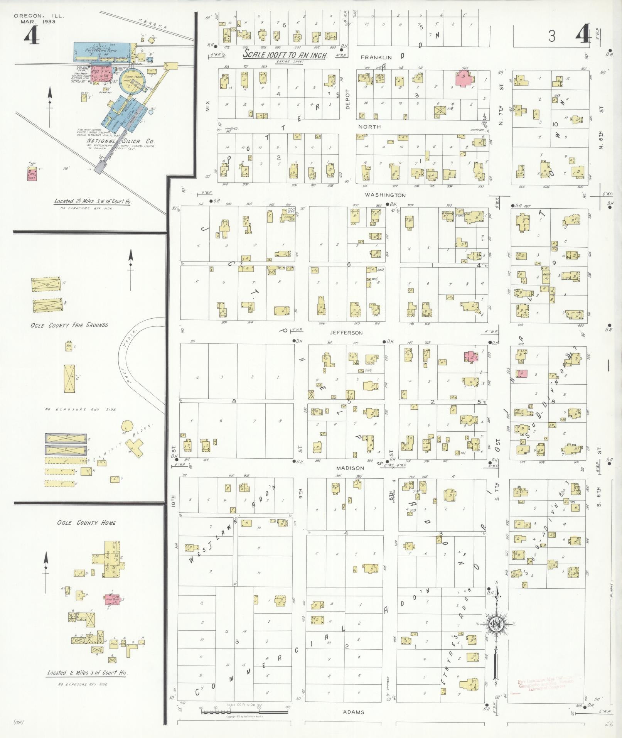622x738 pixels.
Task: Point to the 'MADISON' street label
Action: [350, 468]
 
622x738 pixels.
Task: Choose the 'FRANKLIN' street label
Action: [376, 57]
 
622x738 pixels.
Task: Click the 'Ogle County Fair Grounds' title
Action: [69, 325]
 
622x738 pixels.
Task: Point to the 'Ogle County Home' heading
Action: [86, 523]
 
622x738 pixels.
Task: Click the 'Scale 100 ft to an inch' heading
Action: [285, 55]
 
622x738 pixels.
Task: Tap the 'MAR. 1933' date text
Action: [38, 22]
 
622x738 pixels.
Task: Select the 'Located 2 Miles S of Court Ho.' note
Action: [87, 672]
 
